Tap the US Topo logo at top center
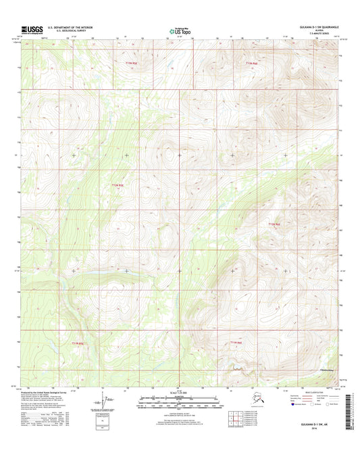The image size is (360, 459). tap(179, 29)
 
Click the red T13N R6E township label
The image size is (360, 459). tap(251, 63)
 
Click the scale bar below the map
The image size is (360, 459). tap(180, 400)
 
